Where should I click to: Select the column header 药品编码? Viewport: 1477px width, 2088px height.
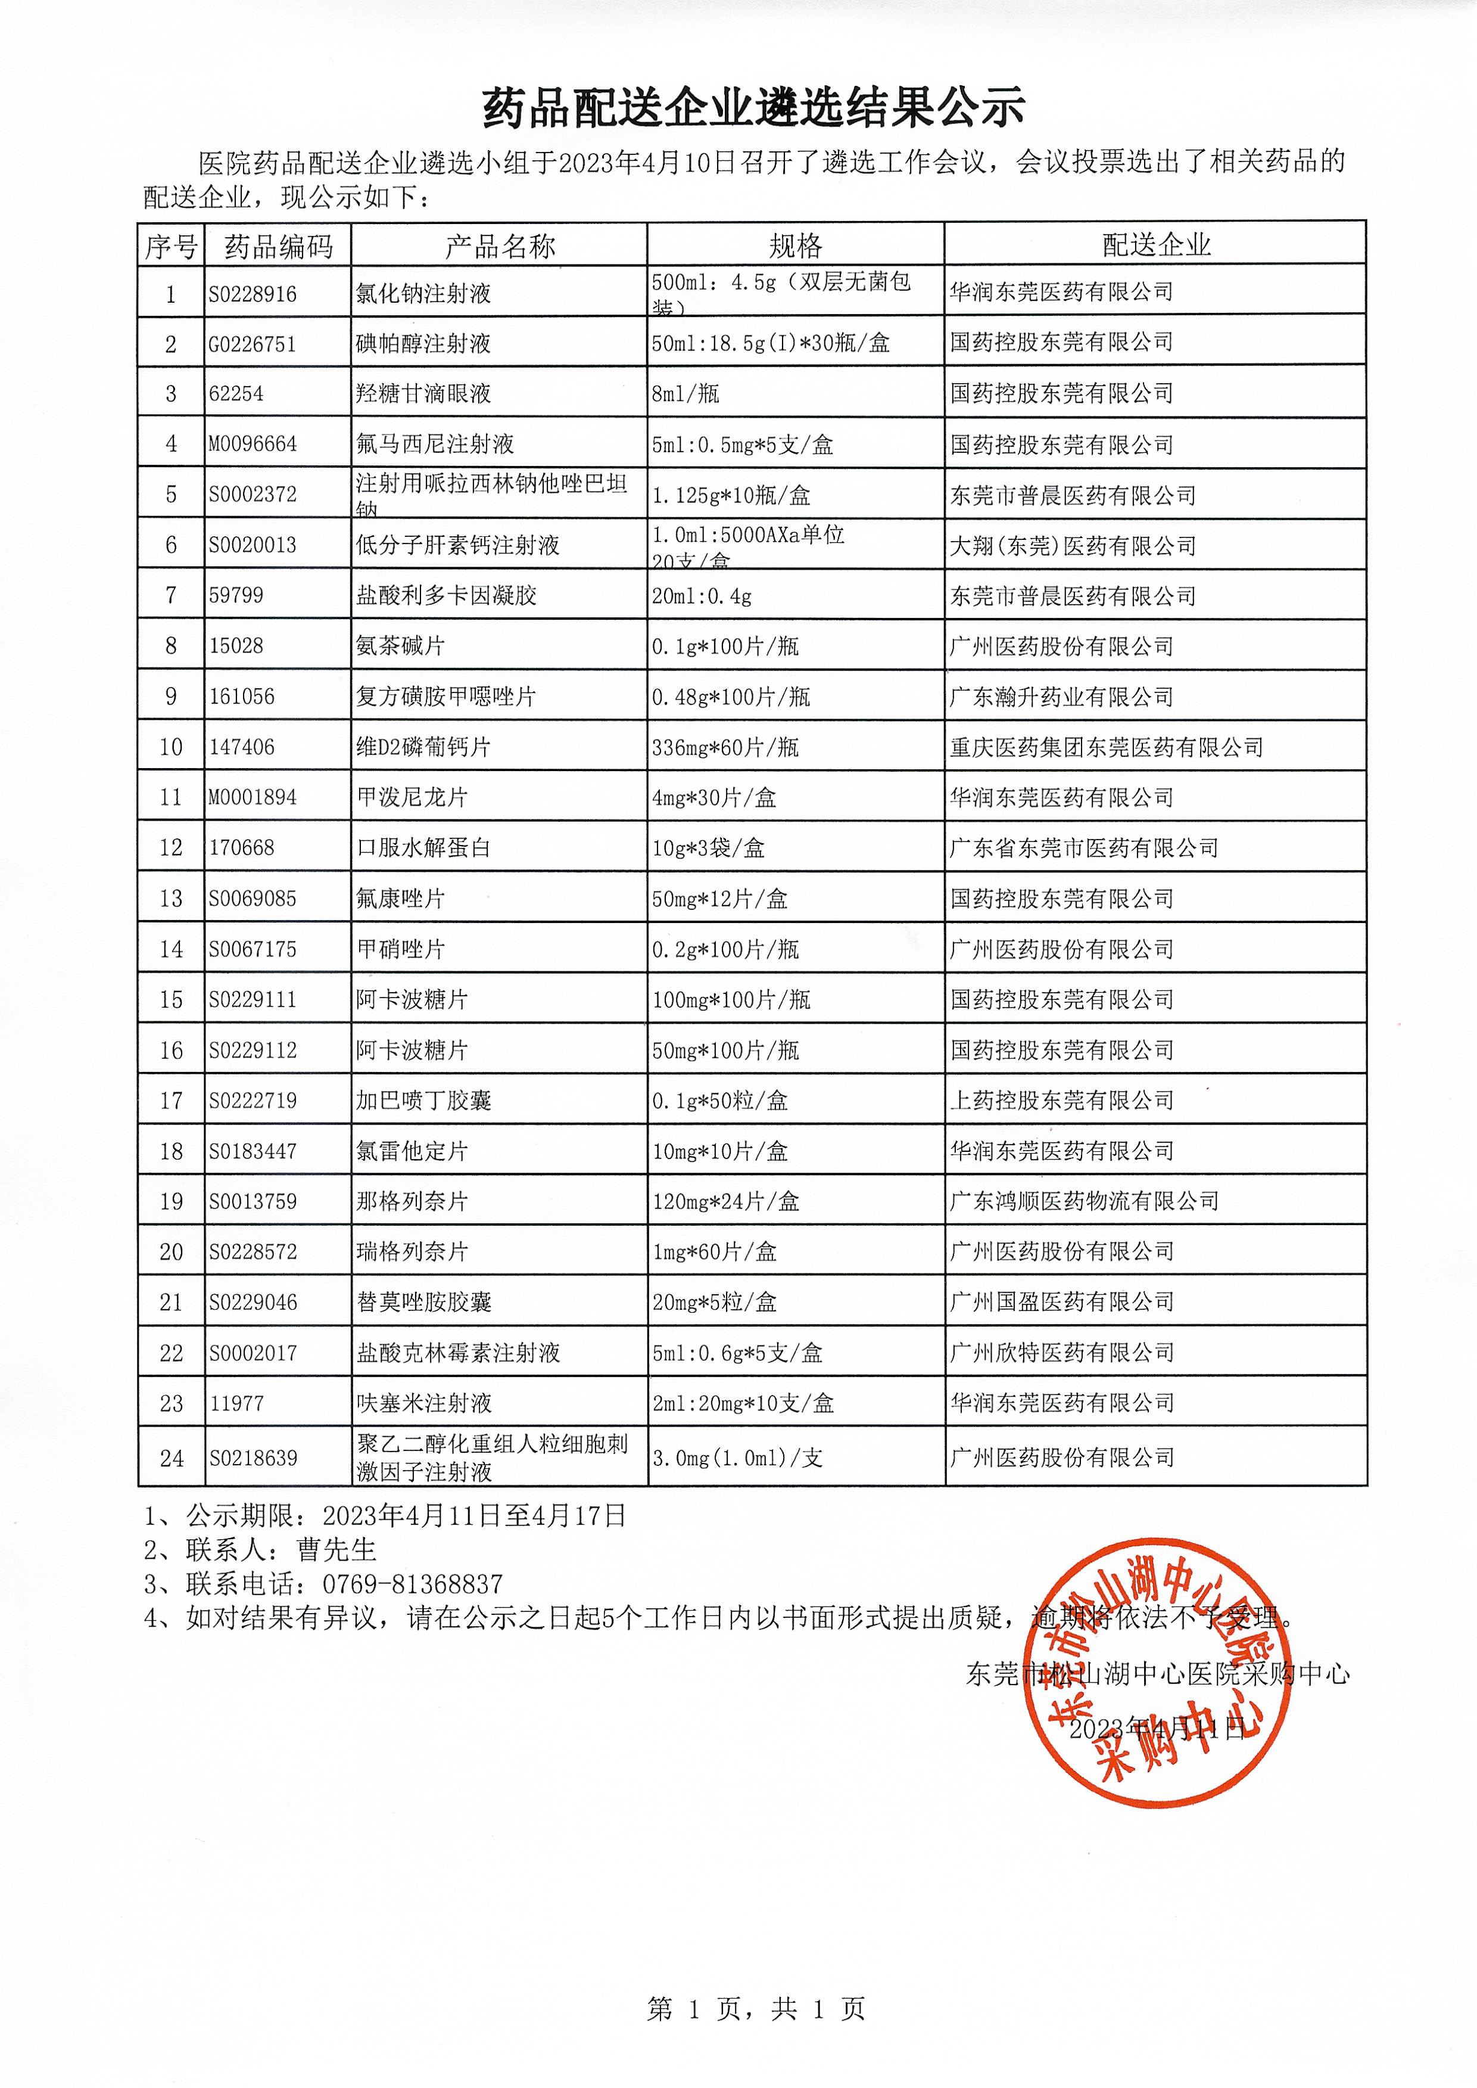278,246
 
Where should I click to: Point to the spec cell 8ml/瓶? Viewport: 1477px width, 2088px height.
685,393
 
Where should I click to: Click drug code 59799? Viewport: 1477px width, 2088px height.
236,595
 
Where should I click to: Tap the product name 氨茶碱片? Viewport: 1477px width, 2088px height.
400,646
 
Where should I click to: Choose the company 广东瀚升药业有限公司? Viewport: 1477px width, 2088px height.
1061,697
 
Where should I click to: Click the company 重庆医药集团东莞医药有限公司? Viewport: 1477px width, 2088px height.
1106,747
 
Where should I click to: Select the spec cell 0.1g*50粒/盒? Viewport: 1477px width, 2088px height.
719,1101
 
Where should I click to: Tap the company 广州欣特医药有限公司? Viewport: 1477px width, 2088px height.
1061,1353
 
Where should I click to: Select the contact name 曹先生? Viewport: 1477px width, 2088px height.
336,1549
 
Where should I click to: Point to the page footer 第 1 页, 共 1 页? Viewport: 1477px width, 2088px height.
756,2009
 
